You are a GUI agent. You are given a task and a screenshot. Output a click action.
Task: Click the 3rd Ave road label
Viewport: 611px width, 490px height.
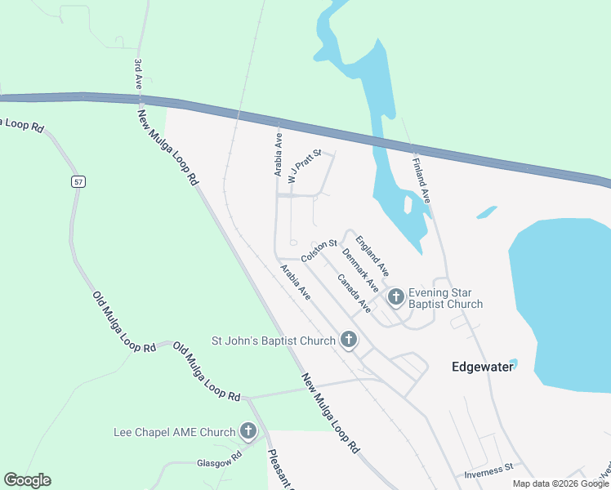click(138, 72)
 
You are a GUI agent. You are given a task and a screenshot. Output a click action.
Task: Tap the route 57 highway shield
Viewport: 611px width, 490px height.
click(78, 181)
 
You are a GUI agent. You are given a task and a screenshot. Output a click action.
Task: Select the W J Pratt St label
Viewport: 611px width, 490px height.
click(301, 166)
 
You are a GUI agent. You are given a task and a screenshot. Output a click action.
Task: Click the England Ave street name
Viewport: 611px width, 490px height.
click(372, 255)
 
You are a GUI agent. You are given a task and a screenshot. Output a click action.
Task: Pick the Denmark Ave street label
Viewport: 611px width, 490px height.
click(360, 270)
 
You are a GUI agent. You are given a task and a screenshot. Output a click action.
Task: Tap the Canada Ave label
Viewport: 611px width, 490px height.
click(354, 293)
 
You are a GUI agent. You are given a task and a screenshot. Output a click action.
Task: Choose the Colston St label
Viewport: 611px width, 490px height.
click(319, 250)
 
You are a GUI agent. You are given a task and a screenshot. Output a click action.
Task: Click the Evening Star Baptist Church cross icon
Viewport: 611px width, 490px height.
click(396, 297)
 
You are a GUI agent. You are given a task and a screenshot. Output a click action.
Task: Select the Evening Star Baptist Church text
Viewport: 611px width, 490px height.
click(446, 298)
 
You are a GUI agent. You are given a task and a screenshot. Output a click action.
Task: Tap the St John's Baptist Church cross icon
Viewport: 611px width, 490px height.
click(349, 340)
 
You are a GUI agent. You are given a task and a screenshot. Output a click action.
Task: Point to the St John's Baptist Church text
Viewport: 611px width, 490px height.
click(273, 341)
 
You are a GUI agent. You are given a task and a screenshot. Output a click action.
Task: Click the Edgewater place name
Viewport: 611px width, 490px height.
click(482, 367)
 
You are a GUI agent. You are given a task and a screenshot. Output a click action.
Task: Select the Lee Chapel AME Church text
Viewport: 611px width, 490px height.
click(174, 432)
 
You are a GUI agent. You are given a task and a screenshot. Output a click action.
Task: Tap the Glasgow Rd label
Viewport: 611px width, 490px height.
click(216, 462)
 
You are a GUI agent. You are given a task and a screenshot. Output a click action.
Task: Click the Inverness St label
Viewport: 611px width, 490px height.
click(488, 468)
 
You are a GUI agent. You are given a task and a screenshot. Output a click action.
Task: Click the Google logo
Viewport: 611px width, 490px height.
click(27, 480)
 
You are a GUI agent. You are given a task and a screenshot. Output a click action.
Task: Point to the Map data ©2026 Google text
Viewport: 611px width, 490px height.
click(560, 483)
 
